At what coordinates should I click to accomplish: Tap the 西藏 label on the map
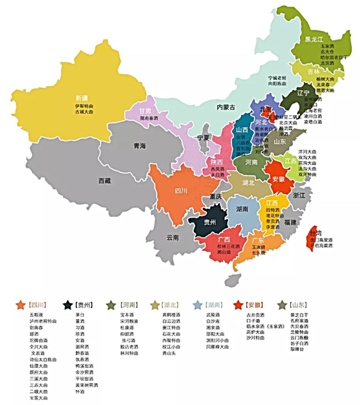[104, 181]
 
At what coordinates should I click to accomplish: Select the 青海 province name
[140, 146]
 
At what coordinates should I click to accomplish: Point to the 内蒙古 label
[226, 107]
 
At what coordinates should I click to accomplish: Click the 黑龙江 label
[314, 39]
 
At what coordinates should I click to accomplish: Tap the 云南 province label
[173, 238]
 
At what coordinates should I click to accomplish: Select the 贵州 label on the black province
[210, 222]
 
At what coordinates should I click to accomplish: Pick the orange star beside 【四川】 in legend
[21, 305]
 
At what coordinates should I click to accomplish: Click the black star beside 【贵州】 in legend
[68, 305]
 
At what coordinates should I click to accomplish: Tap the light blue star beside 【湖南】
[198, 305]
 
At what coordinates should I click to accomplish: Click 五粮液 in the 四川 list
[36, 315]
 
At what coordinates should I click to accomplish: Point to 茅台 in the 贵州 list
[80, 315]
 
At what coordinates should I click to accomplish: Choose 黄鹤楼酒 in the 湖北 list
[171, 315]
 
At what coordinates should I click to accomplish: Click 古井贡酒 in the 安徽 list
[255, 315]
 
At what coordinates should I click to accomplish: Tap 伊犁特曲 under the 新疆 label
[84, 106]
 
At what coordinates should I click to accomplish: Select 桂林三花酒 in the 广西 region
[228, 246]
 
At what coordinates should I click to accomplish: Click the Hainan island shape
[233, 279]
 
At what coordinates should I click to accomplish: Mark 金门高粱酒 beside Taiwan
[321, 240]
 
